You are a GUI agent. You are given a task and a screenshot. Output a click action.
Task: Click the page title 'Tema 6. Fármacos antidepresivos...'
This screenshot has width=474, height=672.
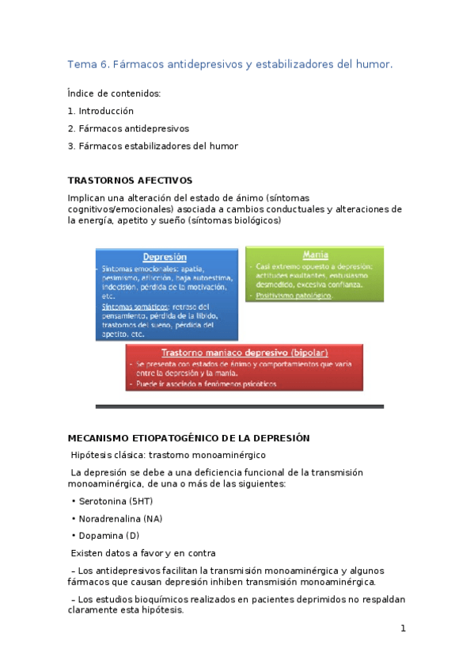229,63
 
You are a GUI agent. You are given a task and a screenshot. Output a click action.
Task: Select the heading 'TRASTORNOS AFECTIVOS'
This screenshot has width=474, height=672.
130,181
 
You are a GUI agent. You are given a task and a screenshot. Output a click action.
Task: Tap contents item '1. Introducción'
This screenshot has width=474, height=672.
100,111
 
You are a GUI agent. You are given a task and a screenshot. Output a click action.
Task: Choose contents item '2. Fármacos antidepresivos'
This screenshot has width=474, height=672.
128,128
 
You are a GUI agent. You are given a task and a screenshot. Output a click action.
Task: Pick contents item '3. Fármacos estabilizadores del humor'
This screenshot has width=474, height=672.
153,146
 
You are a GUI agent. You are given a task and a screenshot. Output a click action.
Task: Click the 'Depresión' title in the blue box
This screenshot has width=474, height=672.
165,257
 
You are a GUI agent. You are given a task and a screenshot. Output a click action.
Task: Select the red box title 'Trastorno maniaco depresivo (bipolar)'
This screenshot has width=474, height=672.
245,352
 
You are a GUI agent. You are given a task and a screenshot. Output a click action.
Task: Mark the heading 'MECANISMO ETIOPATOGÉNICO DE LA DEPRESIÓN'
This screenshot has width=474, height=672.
188,438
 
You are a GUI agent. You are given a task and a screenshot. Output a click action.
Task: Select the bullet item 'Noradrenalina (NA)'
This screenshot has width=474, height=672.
120,519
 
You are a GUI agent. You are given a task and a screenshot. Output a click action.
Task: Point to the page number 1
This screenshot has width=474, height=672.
403,629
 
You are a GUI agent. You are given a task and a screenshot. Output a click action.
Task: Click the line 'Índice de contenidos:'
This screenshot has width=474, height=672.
114,94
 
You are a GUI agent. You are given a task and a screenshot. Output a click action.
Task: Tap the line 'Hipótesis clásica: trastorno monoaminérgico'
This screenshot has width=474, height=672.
169,456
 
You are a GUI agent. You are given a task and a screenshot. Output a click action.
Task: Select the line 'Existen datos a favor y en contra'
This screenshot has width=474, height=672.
143,553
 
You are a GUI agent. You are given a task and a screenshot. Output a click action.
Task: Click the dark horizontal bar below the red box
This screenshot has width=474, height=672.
239,407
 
